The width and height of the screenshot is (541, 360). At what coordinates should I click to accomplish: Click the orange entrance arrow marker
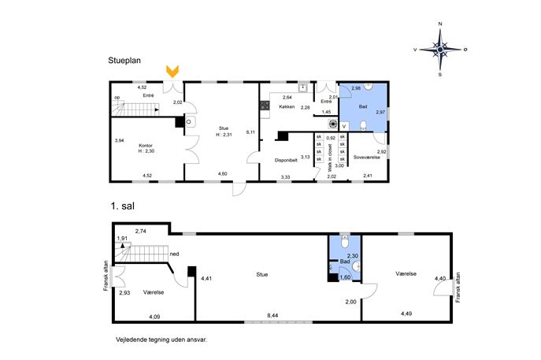tap(172, 71)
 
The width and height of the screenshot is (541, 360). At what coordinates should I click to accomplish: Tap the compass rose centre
tap(440, 50)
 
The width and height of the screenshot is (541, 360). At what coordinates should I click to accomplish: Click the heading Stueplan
tap(124, 61)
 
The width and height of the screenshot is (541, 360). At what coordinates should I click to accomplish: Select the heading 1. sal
tap(123, 206)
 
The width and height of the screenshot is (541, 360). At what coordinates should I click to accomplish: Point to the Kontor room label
tap(145, 146)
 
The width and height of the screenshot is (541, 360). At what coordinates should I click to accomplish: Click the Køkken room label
tap(287, 106)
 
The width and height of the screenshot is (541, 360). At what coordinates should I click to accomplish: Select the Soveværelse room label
tap(367, 157)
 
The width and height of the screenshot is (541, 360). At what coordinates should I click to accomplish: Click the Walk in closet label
tap(331, 158)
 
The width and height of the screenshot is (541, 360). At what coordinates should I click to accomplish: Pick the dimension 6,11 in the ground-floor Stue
tap(250, 132)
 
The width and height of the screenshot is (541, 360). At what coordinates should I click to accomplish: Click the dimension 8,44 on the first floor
tap(272, 315)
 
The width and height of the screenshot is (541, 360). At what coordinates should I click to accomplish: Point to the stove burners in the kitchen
tap(265, 106)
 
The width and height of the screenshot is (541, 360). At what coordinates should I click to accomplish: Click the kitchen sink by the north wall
tap(303, 87)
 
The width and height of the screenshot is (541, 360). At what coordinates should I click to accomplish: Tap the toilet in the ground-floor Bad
tap(363, 126)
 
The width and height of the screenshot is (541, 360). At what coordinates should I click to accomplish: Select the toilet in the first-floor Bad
tap(345, 242)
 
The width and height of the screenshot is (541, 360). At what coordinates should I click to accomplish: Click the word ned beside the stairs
tap(174, 254)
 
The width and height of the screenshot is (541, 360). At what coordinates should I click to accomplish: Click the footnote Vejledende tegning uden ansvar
tap(161, 340)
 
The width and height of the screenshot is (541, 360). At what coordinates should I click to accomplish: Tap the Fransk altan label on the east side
tap(458, 288)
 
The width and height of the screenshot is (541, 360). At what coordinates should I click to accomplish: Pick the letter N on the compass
tap(440, 24)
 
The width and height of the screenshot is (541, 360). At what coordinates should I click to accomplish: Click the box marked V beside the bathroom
tap(344, 127)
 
